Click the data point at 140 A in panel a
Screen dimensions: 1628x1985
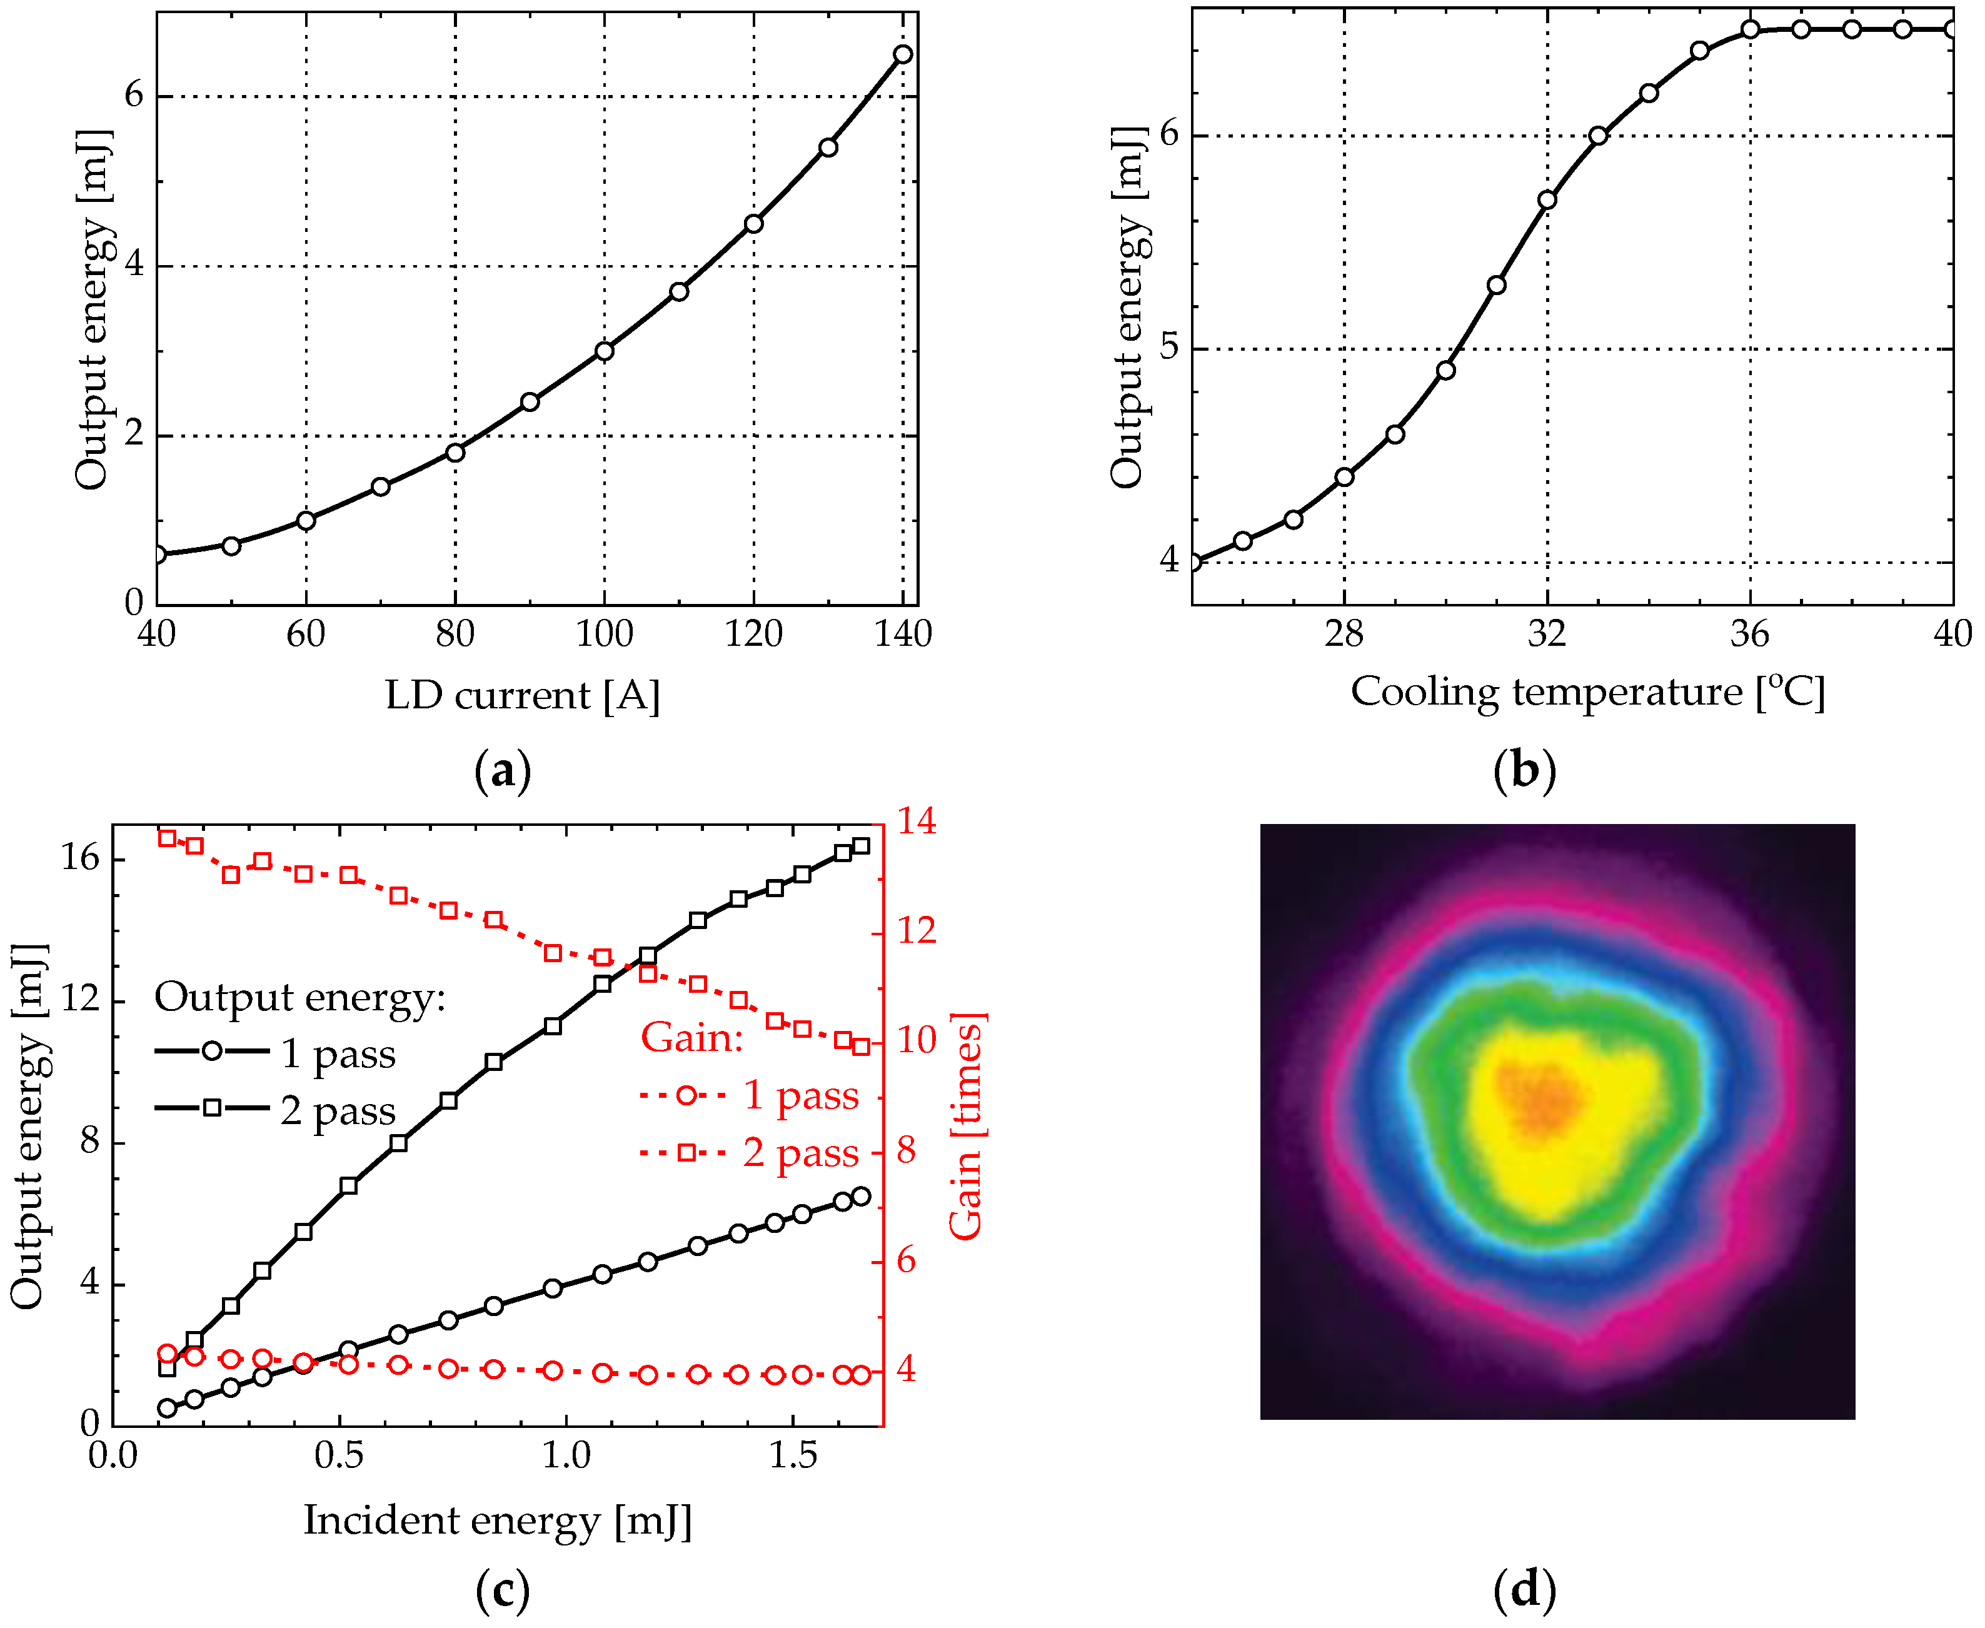(902, 54)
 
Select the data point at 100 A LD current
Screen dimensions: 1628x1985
(605, 351)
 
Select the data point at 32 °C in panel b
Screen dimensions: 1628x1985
(1547, 200)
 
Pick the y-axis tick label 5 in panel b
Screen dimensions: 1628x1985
(1168, 346)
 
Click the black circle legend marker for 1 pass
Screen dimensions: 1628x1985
(212, 1052)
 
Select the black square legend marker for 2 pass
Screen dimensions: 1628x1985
(212, 1108)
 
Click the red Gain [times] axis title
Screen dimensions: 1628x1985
(966, 1125)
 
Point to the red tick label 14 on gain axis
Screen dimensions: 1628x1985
(916, 822)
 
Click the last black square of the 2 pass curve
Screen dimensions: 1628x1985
(861, 846)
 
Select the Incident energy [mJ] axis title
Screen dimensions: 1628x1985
(497, 1520)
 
